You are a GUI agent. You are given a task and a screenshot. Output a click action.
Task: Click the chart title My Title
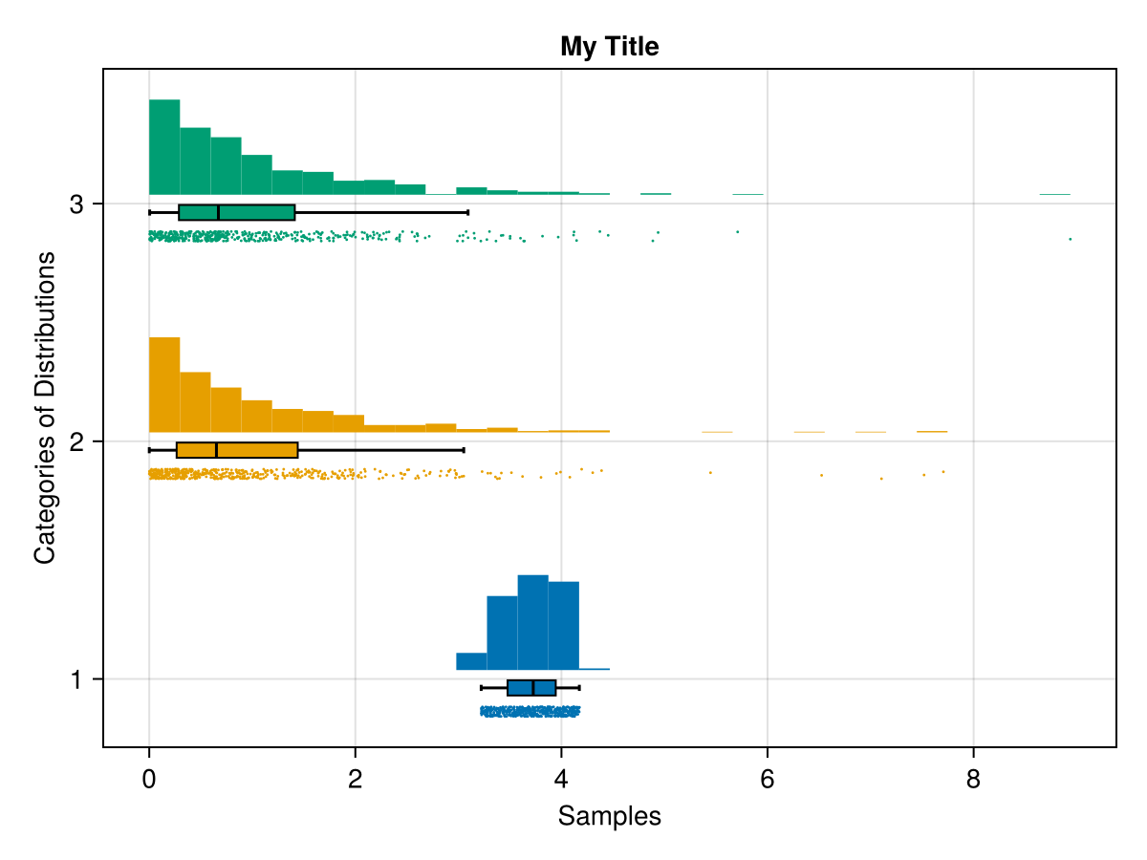tap(610, 46)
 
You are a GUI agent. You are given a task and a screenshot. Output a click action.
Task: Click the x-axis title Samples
tap(610, 816)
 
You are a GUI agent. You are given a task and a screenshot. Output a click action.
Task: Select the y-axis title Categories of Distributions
tap(44, 408)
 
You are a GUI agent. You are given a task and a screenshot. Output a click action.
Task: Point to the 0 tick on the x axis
tap(149, 780)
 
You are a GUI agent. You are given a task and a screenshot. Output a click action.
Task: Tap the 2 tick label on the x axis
tap(356, 780)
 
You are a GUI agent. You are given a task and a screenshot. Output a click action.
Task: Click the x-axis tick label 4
tap(561, 780)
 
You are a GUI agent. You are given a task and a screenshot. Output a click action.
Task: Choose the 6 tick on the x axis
tap(768, 780)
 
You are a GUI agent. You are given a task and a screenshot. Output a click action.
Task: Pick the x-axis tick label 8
tap(973, 780)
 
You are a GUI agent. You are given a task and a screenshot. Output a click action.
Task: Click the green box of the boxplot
tap(237, 212)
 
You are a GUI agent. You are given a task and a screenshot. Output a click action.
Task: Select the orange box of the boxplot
tap(237, 450)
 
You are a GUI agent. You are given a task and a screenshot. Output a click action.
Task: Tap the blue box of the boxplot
tap(531, 688)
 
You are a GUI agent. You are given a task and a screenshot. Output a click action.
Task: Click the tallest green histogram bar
tap(164, 147)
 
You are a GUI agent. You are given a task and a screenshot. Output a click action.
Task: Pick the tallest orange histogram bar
tap(164, 385)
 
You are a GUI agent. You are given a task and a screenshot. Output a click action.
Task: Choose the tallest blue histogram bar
tap(532, 622)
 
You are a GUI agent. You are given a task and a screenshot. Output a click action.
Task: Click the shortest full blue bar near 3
tap(471, 661)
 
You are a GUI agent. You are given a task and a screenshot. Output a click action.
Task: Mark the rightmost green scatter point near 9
tap(1071, 239)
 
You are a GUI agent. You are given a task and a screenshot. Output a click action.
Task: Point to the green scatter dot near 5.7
tap(738, 231)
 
